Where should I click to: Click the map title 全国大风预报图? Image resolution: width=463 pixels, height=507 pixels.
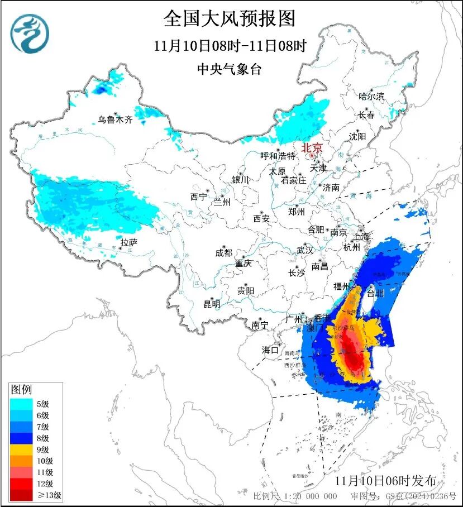(230, 18)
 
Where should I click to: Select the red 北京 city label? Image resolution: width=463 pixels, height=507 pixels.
(312, 148)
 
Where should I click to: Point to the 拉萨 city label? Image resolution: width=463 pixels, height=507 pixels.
(128, 242)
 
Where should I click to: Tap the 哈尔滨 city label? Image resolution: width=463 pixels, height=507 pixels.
(371, 97)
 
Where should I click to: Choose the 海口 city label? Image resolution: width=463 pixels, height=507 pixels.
(270, 350)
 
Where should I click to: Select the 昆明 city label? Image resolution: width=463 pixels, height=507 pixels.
(212, 304)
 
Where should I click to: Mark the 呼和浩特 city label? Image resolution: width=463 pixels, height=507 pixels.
(276, 156)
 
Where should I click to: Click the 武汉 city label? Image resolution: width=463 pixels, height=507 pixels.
(306, 250)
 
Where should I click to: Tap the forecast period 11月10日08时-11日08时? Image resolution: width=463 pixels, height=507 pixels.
(230, 46)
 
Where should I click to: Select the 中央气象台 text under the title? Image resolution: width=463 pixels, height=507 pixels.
(230, 69)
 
